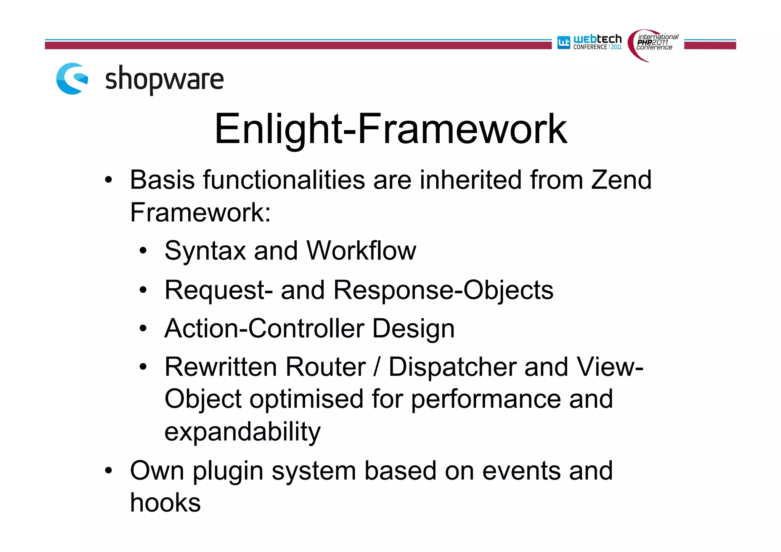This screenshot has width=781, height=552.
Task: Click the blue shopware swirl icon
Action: [72, 79]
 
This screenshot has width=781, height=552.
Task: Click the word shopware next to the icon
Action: [164, 79]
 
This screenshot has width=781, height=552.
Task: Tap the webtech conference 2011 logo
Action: [590, 42]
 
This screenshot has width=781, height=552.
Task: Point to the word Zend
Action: [621, 180]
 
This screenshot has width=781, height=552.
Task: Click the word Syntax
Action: [205, 251]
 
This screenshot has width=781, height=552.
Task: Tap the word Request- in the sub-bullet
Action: [218, 290]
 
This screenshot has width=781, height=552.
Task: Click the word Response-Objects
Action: [443, 290]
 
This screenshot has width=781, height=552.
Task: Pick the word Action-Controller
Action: [264, 328]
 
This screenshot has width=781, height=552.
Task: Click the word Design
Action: [413, 329]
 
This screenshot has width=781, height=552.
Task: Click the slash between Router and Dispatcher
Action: [377, 367]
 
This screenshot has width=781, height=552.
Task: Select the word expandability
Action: [243, 432]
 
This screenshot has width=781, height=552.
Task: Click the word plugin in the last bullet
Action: [228, 472]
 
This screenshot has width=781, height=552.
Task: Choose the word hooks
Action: [165, 503]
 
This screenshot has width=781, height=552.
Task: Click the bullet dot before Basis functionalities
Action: [109, 180]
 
